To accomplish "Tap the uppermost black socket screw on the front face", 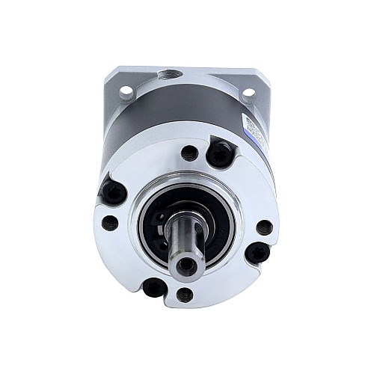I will coord(219,154).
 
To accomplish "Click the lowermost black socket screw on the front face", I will coord(154,286).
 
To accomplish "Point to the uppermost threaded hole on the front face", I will coord(189,153).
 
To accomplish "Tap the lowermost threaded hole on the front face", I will coord(186,295).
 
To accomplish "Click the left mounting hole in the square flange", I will coord(125,91).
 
